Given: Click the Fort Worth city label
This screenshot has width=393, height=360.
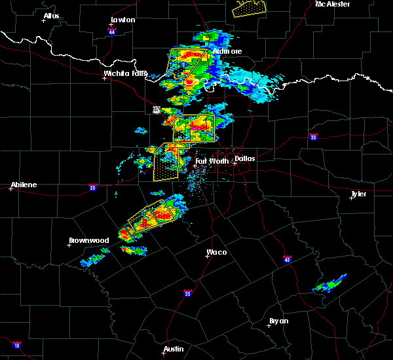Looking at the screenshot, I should pos(212,161).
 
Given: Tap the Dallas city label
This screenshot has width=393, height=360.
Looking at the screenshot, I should pos(245,158).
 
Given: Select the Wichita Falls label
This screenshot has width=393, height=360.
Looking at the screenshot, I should pos(125,73).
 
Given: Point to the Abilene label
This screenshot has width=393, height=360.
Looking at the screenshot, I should pos(23,185).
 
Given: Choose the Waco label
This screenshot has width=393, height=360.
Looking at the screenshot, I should pos(216,252).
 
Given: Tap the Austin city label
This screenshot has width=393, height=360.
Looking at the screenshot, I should pos(174,349).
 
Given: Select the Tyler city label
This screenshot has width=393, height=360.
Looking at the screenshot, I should pos(359,194).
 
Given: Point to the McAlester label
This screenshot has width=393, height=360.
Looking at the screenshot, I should pos(332,4).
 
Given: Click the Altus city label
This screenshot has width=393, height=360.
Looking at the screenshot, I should pos(51,16).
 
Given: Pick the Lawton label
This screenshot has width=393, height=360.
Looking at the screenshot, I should pos(122,20).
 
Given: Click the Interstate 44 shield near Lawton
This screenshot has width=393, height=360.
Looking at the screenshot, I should pos(112,31).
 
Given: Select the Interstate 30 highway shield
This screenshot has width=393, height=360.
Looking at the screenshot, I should pos(313,137).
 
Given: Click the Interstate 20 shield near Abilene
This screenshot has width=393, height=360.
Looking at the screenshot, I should pos(92,187).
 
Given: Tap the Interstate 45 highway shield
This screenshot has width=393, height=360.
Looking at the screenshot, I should pos(288,259).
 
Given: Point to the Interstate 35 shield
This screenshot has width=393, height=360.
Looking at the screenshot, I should pos(188,293).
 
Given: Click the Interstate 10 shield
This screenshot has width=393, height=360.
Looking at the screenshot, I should pos(16,345).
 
